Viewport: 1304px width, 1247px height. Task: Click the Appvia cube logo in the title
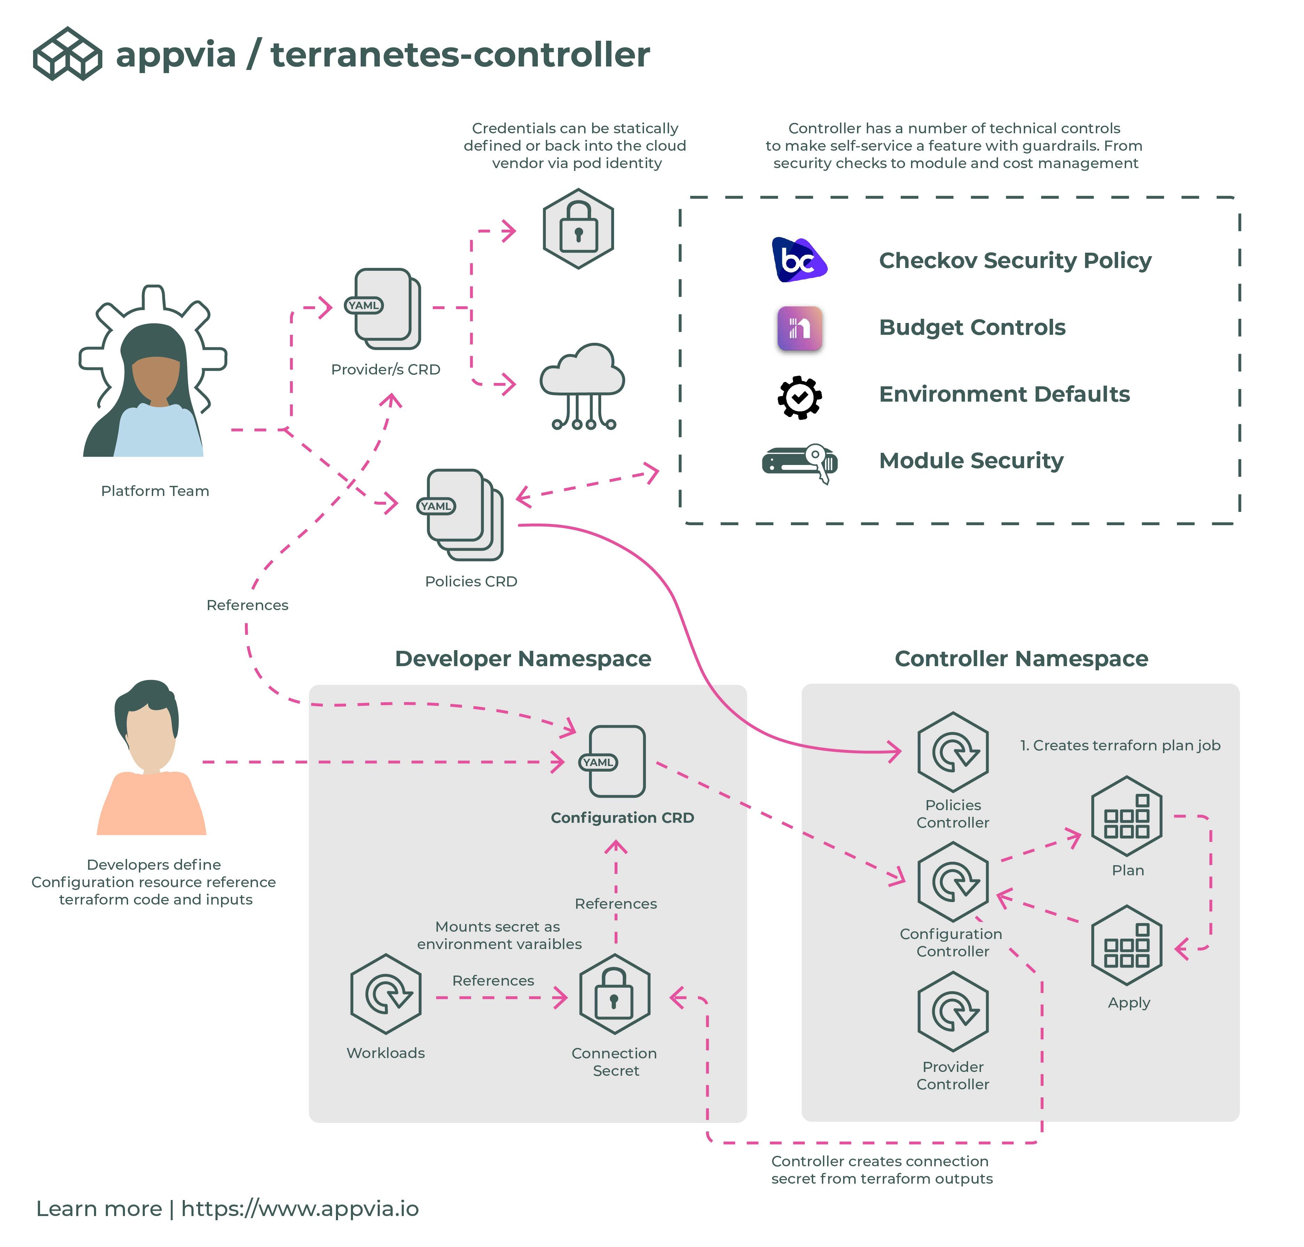point(67,54)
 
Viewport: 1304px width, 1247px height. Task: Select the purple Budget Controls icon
point(799,328)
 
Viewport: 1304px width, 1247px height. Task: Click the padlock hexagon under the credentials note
point(578,229)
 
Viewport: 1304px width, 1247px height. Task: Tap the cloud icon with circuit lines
point(582,386)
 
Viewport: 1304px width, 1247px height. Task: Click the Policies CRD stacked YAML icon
point(463,514)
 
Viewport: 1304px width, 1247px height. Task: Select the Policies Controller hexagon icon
point(953,752)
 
